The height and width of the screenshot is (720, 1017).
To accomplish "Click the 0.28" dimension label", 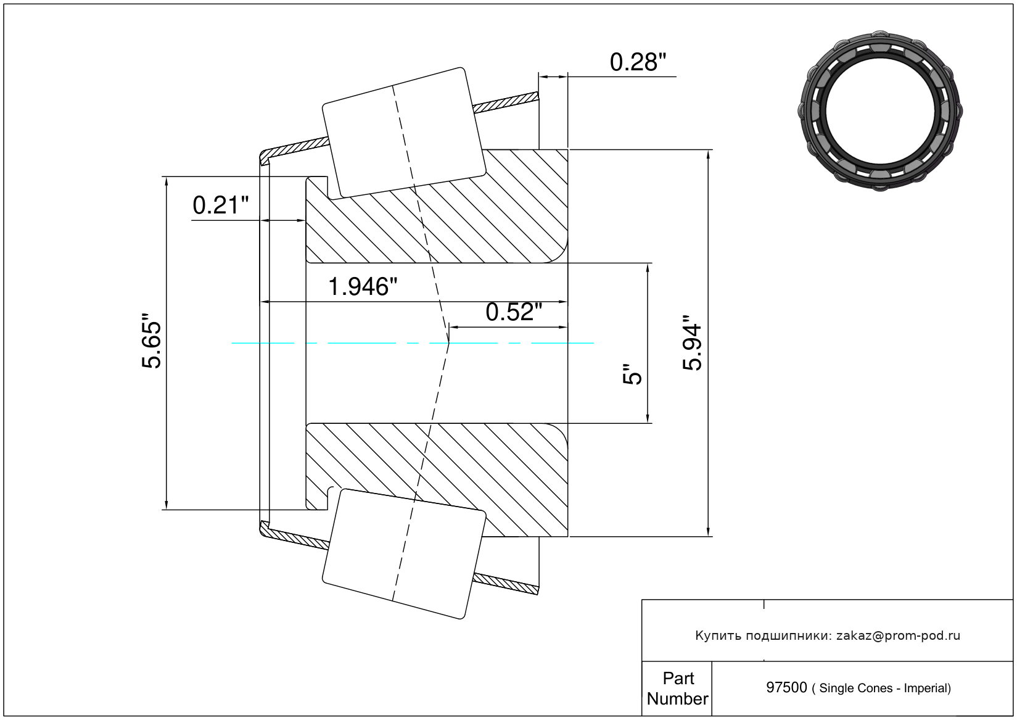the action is click(638, 62).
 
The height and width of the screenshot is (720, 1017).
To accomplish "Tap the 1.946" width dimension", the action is click(362, 287).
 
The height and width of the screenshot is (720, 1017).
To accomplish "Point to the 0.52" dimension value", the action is click(514, 312).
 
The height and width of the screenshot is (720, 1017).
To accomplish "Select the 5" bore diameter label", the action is click(632, 374).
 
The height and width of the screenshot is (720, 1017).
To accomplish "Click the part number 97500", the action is click(786, 688).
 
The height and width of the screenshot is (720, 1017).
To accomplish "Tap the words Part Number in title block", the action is click(677, 689).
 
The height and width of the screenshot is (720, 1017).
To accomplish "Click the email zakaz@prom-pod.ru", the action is click(898, 635).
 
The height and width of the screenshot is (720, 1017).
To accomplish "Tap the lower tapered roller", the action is click(404, 554).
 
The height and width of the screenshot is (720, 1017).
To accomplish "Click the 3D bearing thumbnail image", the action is click(880, 111).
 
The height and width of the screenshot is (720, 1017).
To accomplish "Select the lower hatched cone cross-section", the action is click(437, 480).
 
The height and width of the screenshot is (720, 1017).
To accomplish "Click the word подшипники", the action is click(788, 635).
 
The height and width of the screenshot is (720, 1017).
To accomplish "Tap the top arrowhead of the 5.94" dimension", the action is click(708, 154).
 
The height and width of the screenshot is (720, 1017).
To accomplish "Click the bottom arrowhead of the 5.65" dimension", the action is click(167, 505).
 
